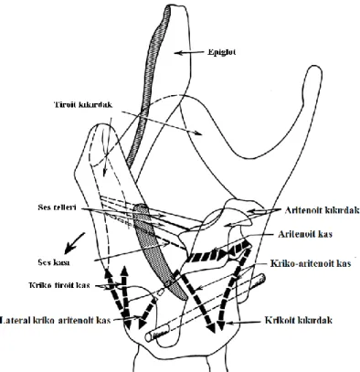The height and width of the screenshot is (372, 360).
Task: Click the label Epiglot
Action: click(222, 52)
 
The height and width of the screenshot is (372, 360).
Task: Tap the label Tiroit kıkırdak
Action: click(83, 105)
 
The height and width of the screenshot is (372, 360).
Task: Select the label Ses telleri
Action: click(57, 207)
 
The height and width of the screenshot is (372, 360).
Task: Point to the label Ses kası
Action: click(54, 262)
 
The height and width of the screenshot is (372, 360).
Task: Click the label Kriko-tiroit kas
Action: click(59, 285)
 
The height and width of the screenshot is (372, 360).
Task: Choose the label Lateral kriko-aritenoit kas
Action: click(55, 320)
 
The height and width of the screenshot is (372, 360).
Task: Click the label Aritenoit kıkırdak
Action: click(323, 210)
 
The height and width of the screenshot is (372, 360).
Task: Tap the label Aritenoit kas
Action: click(305, 234)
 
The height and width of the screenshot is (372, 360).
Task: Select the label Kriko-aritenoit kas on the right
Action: click(311, 263)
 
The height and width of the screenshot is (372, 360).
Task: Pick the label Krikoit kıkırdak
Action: click(298, 320)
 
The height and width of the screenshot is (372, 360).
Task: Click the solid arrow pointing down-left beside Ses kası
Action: click(74, 243)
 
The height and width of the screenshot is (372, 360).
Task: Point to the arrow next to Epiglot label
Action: click(189, 53)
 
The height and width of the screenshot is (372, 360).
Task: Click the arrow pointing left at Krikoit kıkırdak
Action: click(243, 323)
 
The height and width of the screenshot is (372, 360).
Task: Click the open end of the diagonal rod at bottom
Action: click(149, 337)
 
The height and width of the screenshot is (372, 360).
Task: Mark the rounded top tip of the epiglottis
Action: click(176, 6)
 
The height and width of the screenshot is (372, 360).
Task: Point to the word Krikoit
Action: click(279, 320)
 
